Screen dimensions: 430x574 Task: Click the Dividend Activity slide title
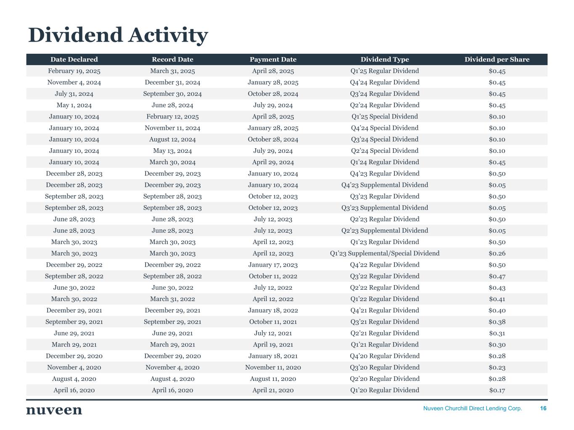(118, 35)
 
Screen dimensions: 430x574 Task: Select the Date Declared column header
(74, 60)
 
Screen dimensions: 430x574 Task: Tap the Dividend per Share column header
(497, 60)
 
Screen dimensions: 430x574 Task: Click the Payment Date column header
(273, 60)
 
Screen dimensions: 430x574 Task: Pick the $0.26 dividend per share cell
(497, 254)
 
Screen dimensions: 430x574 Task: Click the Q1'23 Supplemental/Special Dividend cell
(384, 254)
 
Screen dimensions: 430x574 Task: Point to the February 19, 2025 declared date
(74, 71)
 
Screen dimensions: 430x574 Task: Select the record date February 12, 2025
(172, 117)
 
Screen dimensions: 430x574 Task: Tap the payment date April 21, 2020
(273, 391)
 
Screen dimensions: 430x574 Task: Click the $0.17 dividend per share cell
(497, 391)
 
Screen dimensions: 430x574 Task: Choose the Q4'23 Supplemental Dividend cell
(384, 185)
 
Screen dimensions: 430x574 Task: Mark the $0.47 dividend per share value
(497, 276)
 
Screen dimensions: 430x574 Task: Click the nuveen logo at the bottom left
(54, 410)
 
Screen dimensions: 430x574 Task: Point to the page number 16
(543, 409)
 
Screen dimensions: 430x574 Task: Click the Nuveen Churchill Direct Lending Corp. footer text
(472, 409)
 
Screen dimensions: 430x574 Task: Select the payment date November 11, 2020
(273, 367)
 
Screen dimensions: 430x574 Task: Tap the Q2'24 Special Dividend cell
(384, 151)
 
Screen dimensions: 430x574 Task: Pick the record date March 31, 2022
(172, 299)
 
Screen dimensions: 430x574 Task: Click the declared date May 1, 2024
(74, 105)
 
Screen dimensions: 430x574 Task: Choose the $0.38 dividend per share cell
(497, 322)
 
